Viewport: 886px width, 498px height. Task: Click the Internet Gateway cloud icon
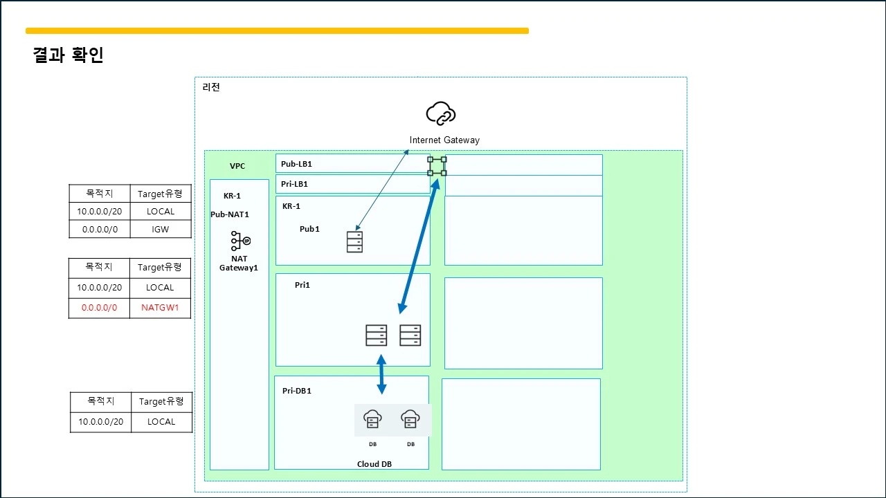[x=441, y=113]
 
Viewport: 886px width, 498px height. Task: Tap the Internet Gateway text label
[x=444, y=140]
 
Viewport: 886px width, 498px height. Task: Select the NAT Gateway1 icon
[x=240, y=241]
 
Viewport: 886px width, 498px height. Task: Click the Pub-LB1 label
[x=296, y=164]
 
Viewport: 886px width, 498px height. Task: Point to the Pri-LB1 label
[x=294, y=184]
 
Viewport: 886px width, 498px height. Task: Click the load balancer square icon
[x=437, y=166]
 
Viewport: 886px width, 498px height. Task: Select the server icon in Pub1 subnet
[x=354, y=242]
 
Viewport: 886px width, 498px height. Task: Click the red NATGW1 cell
[x=160, y=308]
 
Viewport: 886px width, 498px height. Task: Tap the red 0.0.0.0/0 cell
[x=99, y=308]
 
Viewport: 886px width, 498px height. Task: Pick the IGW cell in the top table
[x=160, y=229]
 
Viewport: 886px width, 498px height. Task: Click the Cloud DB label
[x=374, y=464]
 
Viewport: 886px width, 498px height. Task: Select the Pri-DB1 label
[x=297, y=391]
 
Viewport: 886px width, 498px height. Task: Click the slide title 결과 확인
[x=68, y=55]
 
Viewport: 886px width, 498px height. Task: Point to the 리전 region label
[x=211, y=87]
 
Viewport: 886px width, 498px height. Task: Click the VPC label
[x=237, y=166]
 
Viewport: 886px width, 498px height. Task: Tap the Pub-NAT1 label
[x=229, y=214]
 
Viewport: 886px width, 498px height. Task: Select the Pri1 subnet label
[x=302, y=285]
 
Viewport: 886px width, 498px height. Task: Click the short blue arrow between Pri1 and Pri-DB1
[x=381, y=374]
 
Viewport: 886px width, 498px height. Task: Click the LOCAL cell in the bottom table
[x=161, y=422]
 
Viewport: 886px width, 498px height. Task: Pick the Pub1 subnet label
[x=309, y=229]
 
